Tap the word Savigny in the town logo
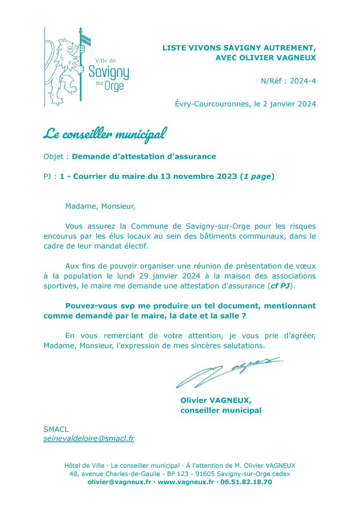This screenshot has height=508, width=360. click(109, 71)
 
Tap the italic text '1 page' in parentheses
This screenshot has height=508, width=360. click(256, 176)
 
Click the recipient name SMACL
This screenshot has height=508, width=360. click(55, 429)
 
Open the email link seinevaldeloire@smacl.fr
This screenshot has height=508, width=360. click(89, 439)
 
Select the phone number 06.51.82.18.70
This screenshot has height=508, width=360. click(246, 482)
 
